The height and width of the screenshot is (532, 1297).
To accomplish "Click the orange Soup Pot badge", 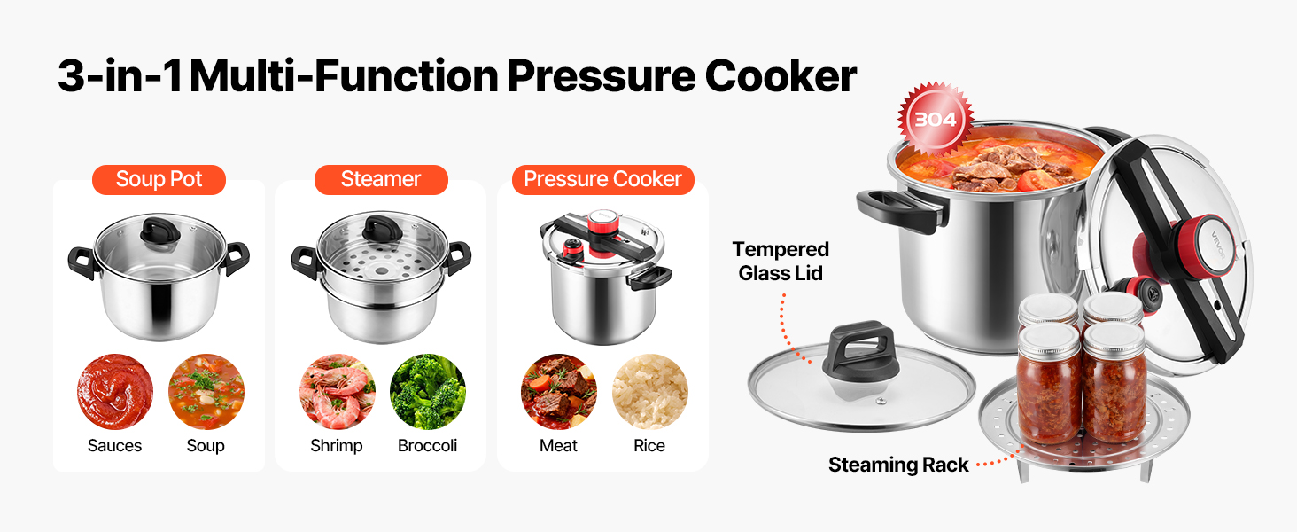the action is pyautogui.click(x=159, y=180).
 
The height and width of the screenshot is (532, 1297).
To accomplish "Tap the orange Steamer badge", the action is pyautogui.click(x=381, y=180).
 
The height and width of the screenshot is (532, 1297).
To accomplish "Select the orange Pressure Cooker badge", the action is pyautogui.click(x=602, y=180).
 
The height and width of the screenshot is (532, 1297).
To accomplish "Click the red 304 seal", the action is pyautogui.click(x=935, y=119).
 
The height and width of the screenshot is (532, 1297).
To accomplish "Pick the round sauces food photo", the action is pyautogui.click(x=114, y=392).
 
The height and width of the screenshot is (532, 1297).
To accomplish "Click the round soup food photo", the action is pyautogui.click(x=206, y=392).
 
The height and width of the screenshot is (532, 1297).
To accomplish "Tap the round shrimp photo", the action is pyautogui.click(x=337, y=392).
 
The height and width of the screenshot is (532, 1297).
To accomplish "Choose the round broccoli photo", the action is pyautogui.click(x=427, y=392).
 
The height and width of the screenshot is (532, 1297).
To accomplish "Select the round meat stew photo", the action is pyautogui.click(x=559, y=392).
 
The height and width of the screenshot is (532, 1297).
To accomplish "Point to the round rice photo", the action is pyautogui.click(x=649, y=392).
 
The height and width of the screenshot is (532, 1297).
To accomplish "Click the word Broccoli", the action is pyautogui.click(x=427, y=446).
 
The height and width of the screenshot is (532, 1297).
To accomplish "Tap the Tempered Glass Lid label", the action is pyautogui.click(x=781, y=261).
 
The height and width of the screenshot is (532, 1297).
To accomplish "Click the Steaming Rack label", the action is pyautogui.click(x=898, y=465).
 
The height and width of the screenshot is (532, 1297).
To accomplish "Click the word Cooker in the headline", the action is pyautogui.click(x=781, y=76).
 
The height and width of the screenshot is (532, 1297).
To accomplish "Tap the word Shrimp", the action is pyautogui.click(x=337, y=446).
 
